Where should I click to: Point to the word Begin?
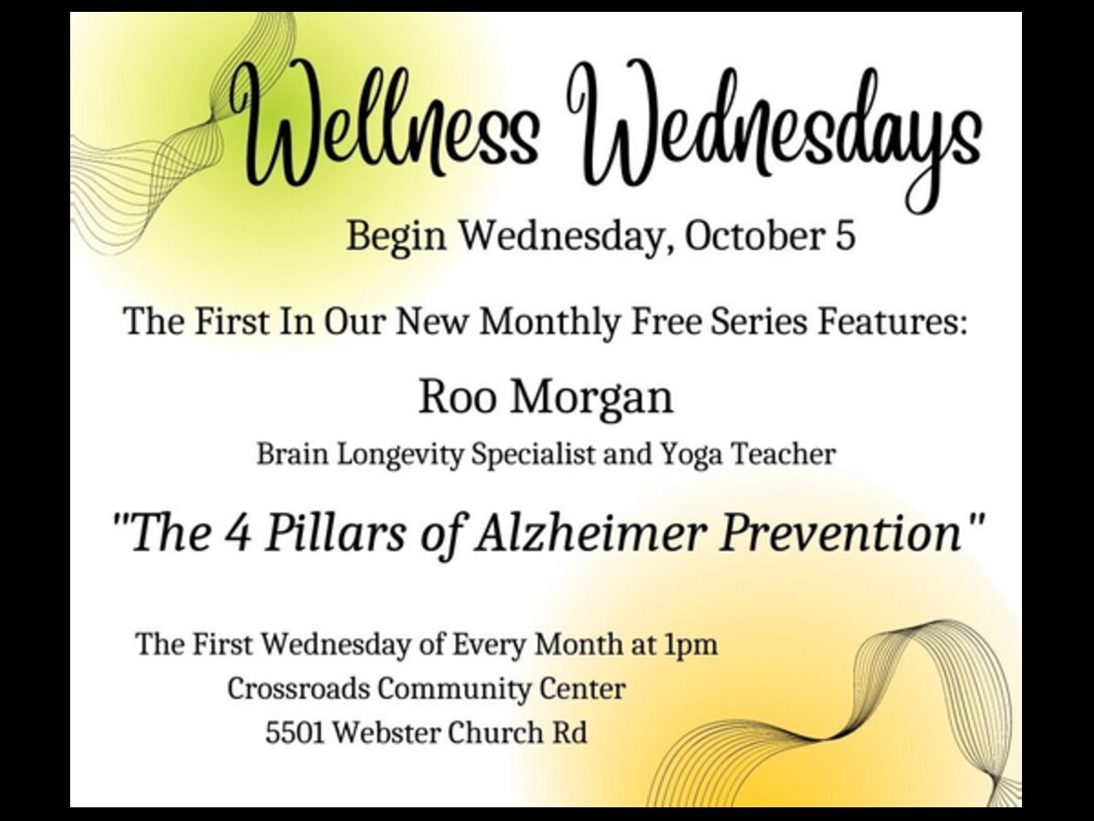coord(397,238)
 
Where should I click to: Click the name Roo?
coord(458,398)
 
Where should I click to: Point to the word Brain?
coord(293,454)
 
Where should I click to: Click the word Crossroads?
coord(298,690)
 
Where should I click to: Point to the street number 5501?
coord(295,733)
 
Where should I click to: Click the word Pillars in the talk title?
coord(335,534)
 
